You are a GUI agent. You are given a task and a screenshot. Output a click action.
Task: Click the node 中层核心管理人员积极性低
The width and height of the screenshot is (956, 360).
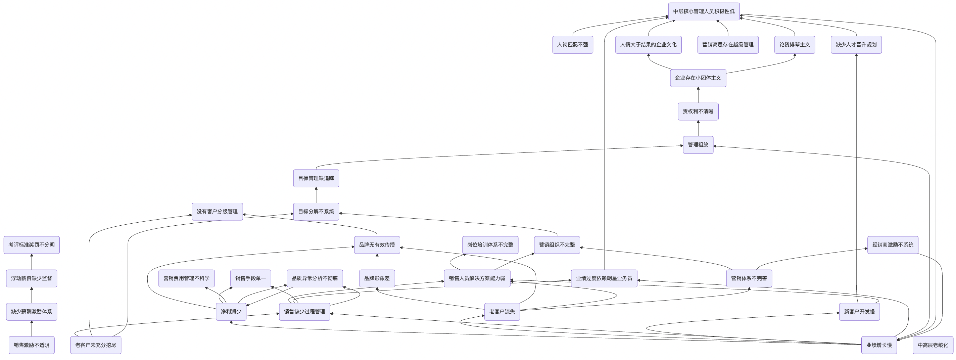pyautogui.click(x=704, y=11)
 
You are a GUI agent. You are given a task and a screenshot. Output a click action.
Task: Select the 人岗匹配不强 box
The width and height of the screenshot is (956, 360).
pyautogui.click(x=572, y=45)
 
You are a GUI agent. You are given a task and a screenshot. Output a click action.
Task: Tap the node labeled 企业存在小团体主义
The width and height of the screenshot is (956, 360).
pyautogui.click(x=698, y=78)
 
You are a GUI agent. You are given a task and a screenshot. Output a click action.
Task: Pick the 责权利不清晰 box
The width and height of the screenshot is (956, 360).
pyautogui.click(x=698, y=111)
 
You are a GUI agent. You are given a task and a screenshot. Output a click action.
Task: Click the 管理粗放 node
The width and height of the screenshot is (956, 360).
pyautogui.click(x=698, y=145)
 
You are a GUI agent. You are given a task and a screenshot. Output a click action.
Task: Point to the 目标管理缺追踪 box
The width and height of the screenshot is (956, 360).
pyautogui.click(x=316, y=178)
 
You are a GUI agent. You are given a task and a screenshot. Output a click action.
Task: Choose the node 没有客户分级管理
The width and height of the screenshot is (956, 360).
pyautogui.click(x=217, y=212)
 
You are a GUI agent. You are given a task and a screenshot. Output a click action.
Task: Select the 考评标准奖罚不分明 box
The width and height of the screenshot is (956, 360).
pyautogui.click(x=32, y=245)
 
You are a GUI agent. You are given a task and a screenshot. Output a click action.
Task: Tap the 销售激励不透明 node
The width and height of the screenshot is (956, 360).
pyautogui.click(x=32, y=345)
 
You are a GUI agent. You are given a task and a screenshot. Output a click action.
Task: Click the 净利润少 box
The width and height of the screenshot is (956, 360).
pyautogui.click(x=231, y=312)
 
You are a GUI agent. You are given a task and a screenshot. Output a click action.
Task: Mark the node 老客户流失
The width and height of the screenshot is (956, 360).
pyautogui.click(x=502, y=312)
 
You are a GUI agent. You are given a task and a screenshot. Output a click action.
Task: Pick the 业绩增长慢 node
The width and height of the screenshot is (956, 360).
pyautogui.click(x=879, y=345)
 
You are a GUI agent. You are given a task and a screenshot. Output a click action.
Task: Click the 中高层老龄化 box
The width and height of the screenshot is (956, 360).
pyautogui.click(x=933, y=345)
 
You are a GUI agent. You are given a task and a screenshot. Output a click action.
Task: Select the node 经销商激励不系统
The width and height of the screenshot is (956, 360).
pyautogui.click(x=893, y=245)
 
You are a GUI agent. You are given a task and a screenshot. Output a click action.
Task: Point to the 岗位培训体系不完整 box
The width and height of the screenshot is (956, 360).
pyautogui.click(x=490, y=245)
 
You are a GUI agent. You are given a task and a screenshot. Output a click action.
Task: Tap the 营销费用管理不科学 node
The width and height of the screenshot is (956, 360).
pyautogui.click(x=186, y=278)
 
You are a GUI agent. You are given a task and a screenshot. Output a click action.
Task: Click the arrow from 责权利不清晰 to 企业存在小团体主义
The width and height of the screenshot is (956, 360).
pyautogui.click(x=698, y=95)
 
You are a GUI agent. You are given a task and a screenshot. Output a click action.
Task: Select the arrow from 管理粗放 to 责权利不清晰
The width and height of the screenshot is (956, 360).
pyautogui.click(x=698, y=128)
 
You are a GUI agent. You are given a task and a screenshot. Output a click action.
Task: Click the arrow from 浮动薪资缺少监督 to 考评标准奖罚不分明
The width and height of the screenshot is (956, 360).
pyautogui.click(x=32, y=262)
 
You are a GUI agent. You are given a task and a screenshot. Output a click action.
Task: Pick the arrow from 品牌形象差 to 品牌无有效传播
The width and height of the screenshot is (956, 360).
pyautogui.click(x=377, y=262)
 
